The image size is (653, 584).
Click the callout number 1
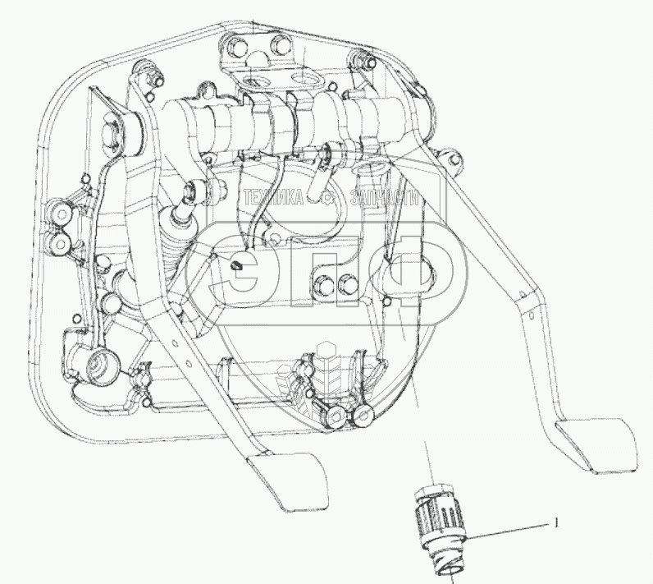pos(557,522)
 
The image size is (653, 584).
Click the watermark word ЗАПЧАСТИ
pos(385,198)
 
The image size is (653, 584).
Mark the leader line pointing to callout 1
pos(509,530)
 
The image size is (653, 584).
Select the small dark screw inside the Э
pos(236,265)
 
